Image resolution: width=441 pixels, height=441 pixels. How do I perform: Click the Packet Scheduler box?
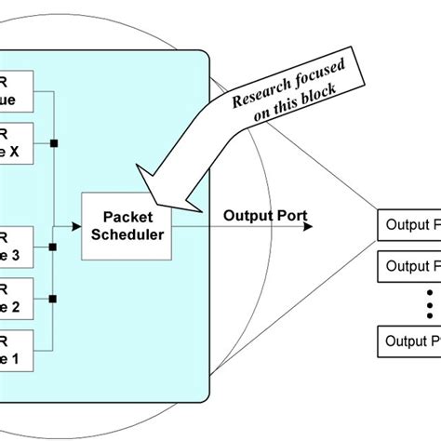click(x=127, y=224)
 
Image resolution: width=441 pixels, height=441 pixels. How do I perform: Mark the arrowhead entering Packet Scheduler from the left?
click(x=77, y=225)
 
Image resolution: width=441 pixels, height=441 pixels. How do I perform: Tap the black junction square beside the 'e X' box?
click(x=55, y=143)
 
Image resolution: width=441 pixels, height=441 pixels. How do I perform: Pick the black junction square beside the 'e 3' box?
click(x=55, y=247)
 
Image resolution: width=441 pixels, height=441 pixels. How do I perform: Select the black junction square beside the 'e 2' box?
click(x=55, y=299)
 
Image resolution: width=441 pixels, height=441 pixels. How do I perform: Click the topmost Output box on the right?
click(x=408, y=224)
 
